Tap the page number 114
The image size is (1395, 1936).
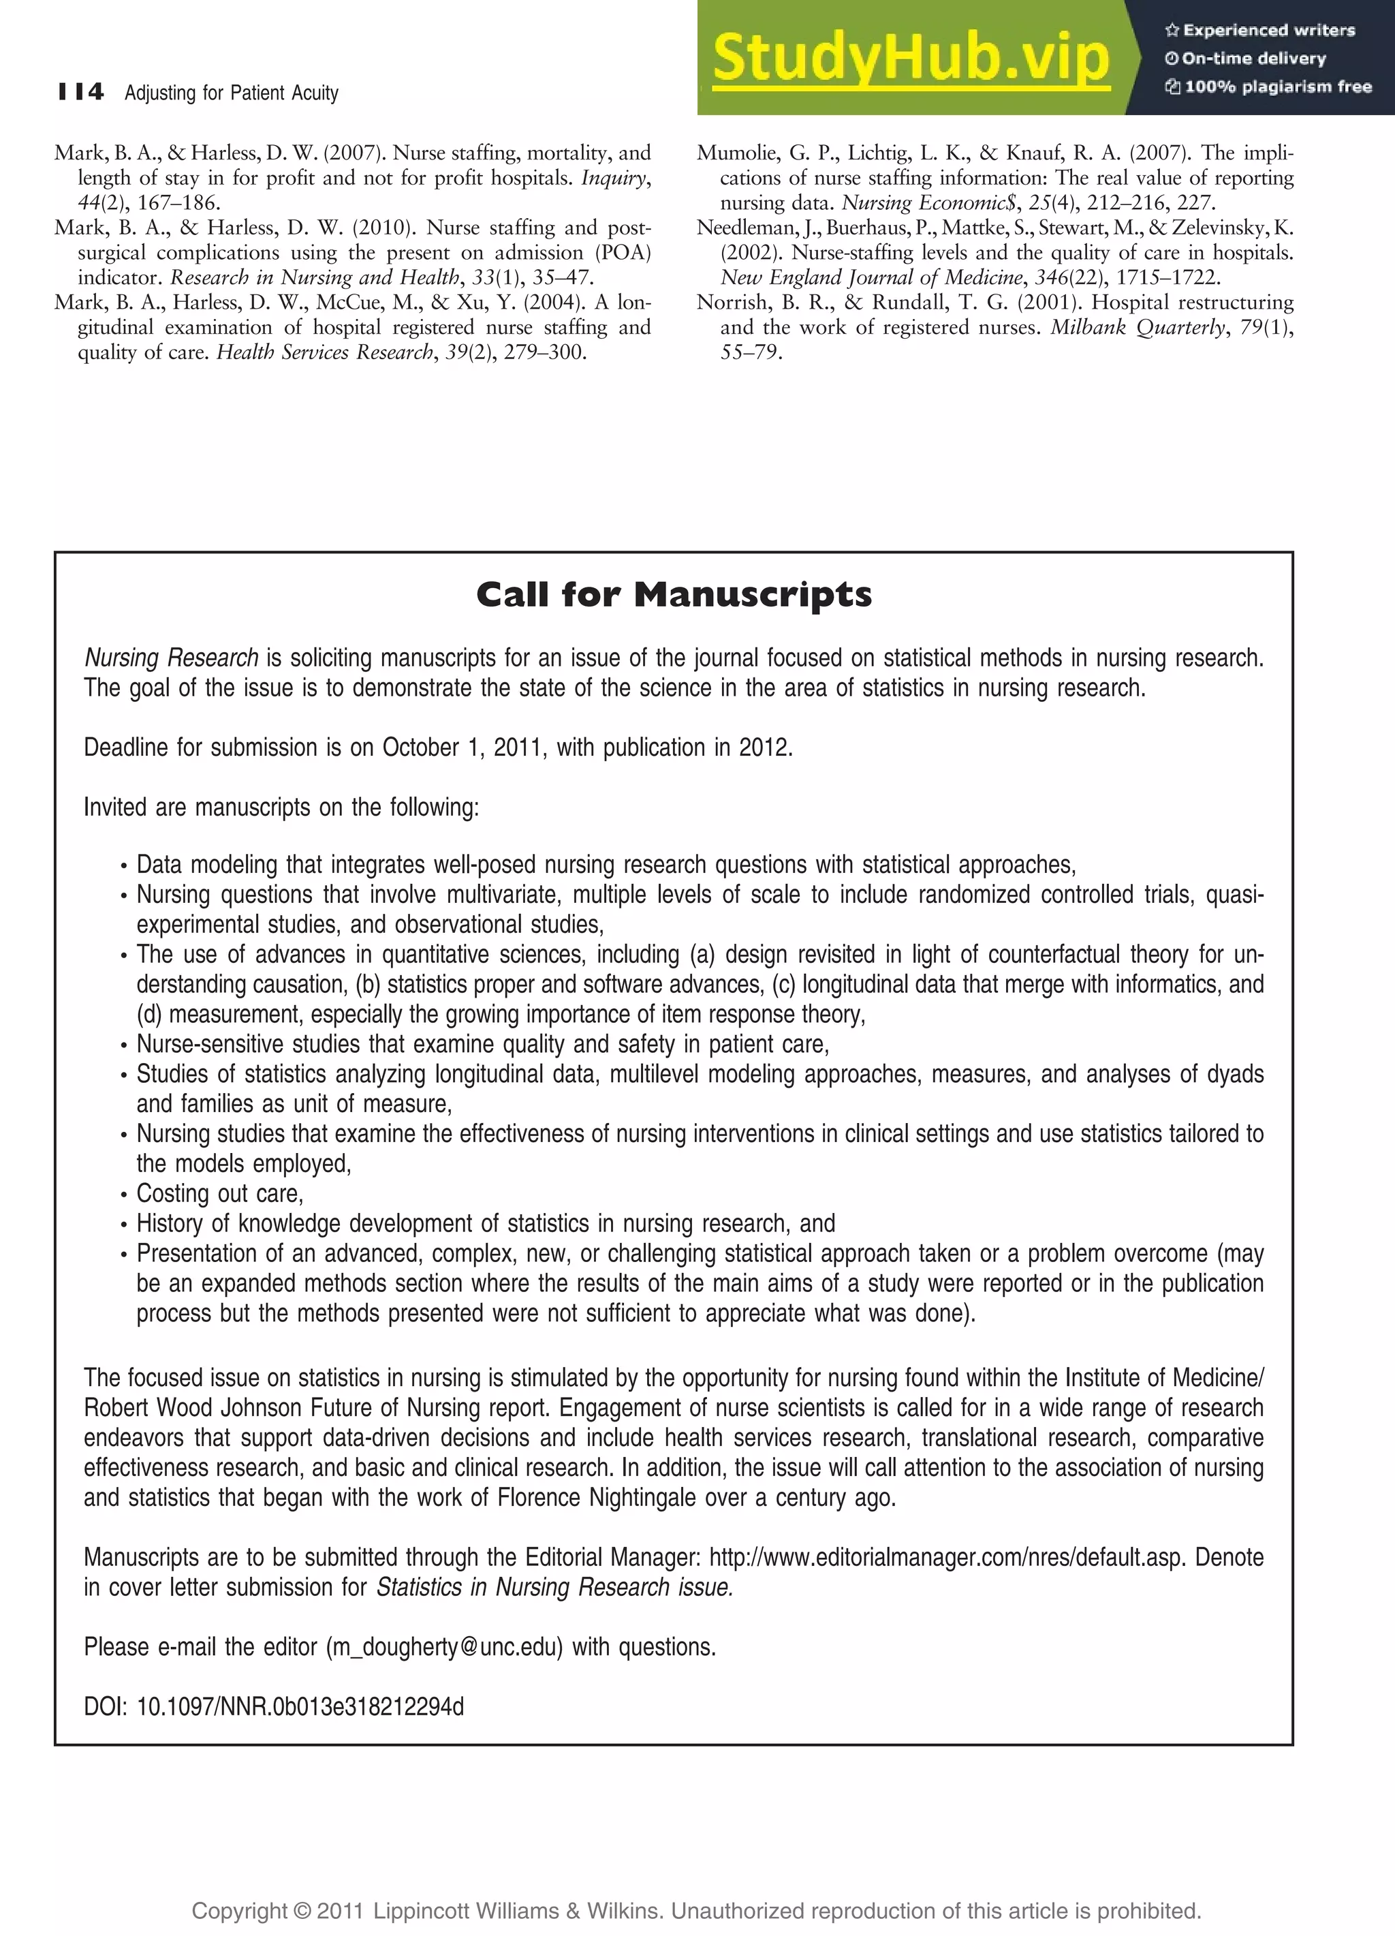[x=81, y=91]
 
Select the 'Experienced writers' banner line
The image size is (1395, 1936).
[x=1259, y=31]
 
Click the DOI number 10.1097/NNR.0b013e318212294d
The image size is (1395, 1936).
[x=300, y=1706]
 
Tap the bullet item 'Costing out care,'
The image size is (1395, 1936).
[x=220, y=1193]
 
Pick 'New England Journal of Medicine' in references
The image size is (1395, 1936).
[x=871, y=277]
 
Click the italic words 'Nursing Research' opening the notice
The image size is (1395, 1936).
[x=171, y=658]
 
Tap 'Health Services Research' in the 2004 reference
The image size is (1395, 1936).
[x=324, y=352]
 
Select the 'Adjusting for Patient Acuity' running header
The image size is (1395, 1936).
[x=231, y=93]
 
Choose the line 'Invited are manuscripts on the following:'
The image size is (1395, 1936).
[x=281, y=808]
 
